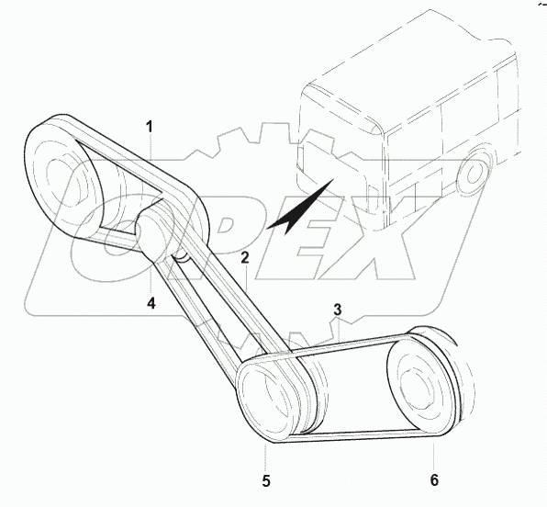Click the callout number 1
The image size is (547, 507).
tap(150, 127)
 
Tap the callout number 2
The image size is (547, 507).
tap(245, 258)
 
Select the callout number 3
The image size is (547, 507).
tap(338, 310)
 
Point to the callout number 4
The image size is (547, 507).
tap(151, 303)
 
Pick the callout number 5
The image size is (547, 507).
tap(266, 481)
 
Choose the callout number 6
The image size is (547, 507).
tap(434, 480)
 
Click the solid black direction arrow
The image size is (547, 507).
tap(299, 207)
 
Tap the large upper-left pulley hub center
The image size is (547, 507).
tap(62, 178)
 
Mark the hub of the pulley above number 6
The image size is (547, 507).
tap(416, 388)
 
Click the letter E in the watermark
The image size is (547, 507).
tap(306, 238)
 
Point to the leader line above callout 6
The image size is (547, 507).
tap(433, 455)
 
